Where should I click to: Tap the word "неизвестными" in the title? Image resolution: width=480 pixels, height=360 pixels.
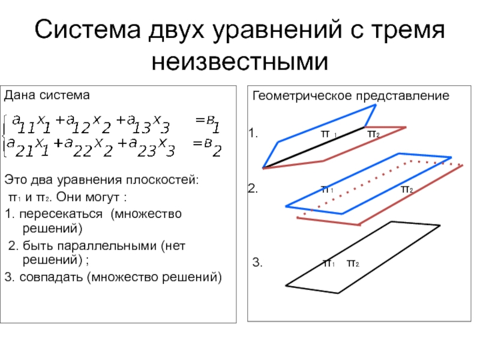pos(239,60)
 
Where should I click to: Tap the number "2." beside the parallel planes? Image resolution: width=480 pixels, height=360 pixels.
pos(253,190)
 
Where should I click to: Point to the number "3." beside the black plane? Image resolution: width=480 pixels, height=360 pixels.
pos(257,263)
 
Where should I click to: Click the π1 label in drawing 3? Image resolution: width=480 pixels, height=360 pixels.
pos(329,263)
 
